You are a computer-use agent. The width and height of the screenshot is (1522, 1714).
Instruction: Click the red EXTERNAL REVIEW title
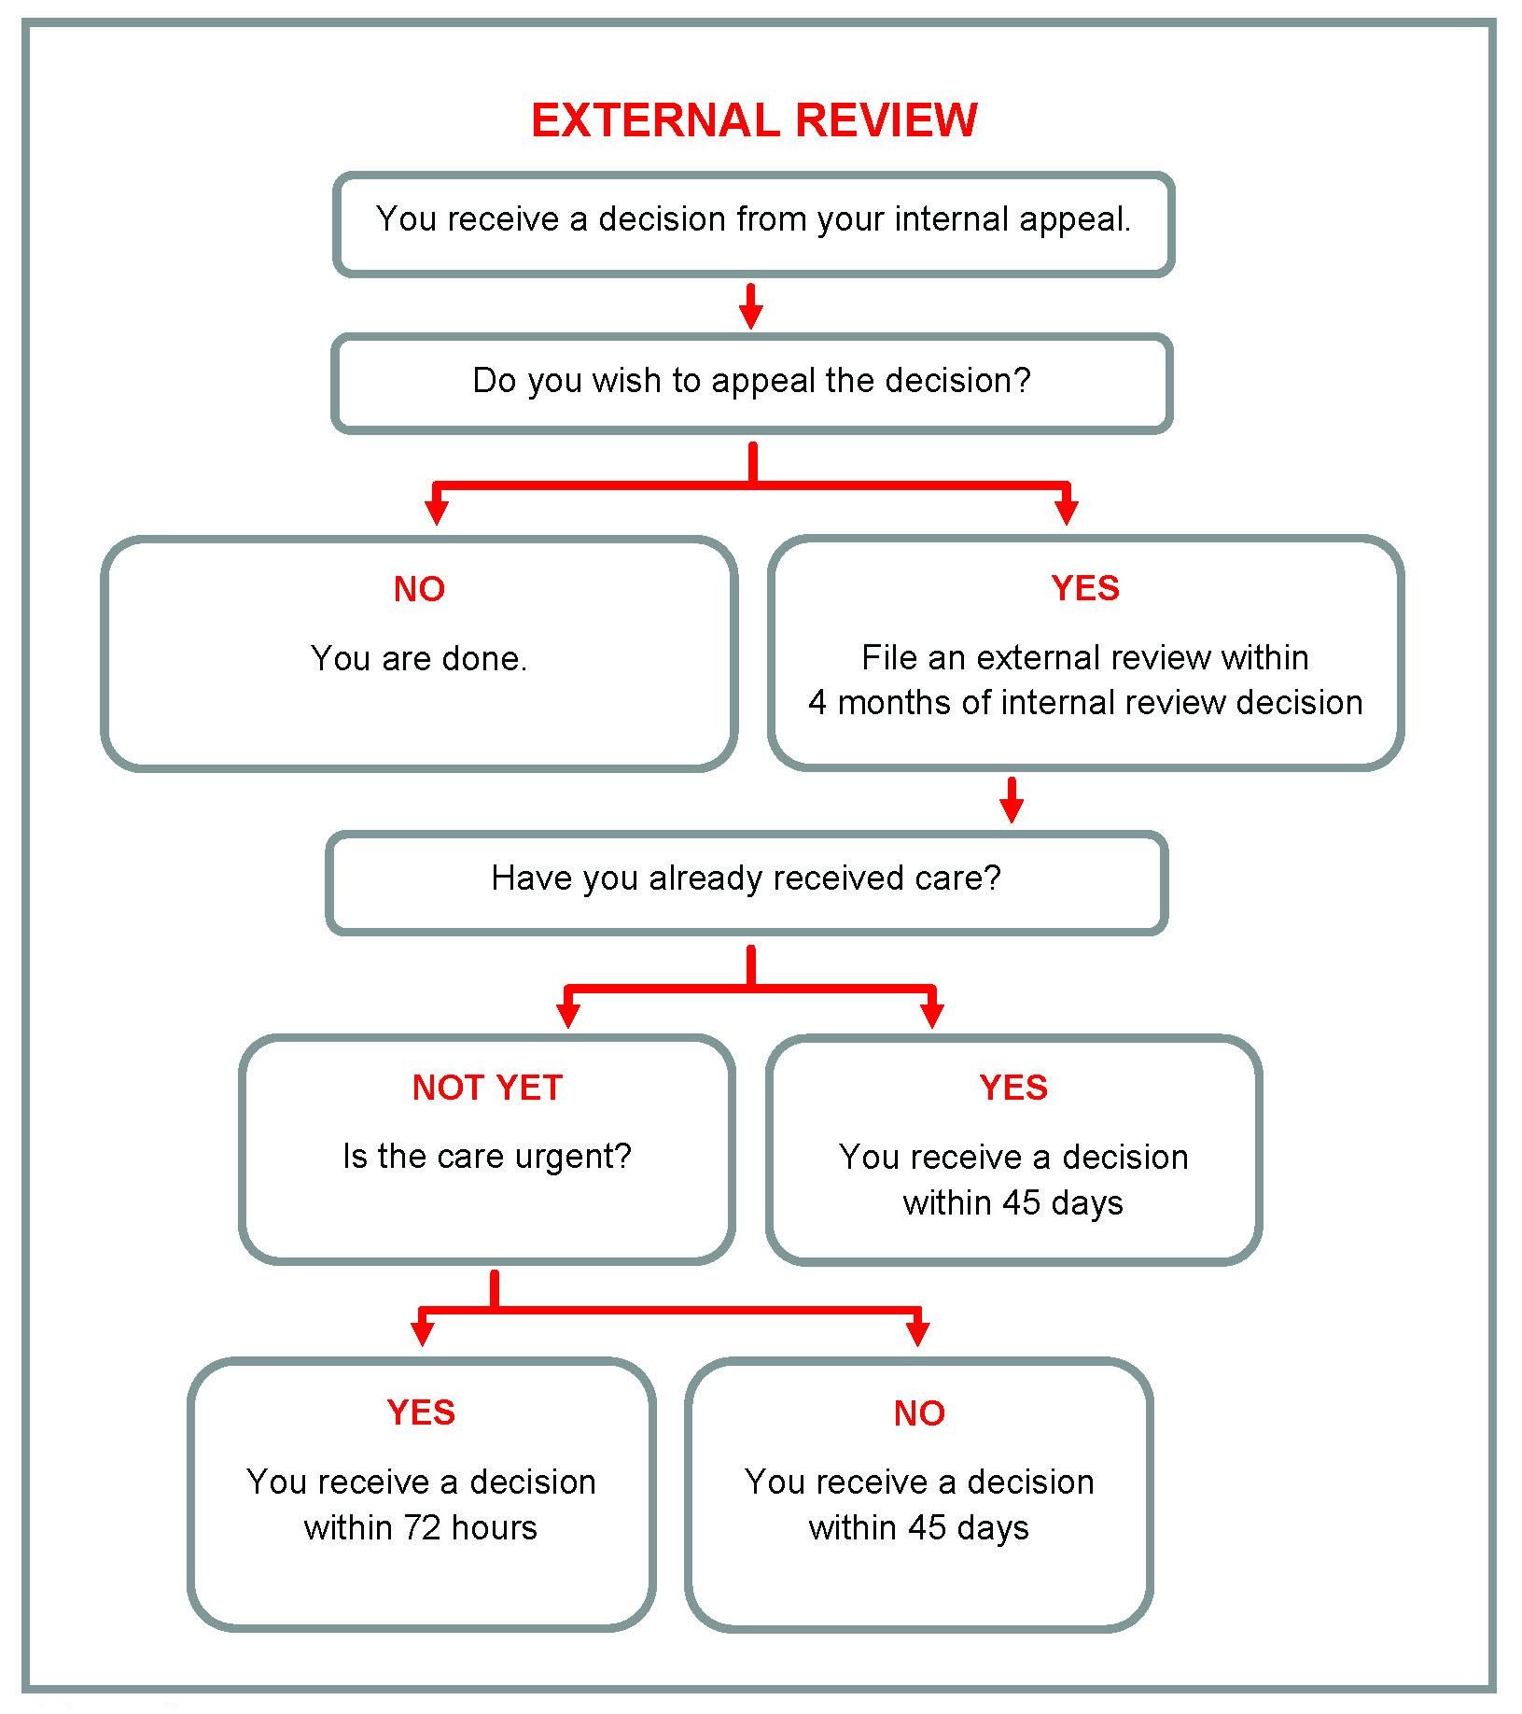point(753,120)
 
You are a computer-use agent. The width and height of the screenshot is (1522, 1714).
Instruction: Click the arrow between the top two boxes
point(751,307)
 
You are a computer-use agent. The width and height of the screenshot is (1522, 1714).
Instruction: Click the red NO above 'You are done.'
point(419,589)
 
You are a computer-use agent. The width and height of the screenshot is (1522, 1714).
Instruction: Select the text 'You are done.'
point(419,659)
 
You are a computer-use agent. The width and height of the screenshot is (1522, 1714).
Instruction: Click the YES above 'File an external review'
point(1084,588)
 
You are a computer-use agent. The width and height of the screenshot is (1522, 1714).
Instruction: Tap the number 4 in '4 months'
point(817,703)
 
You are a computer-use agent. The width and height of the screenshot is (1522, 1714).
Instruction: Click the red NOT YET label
point(487,1088)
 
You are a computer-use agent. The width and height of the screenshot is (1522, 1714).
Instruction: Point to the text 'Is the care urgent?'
point(487,1157)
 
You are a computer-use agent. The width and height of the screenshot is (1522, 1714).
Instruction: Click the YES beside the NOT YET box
point(1013,1088)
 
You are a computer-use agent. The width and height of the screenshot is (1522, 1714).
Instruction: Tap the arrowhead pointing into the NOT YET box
point(567,1015)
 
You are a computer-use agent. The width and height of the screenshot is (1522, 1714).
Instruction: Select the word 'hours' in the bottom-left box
point(494,1528)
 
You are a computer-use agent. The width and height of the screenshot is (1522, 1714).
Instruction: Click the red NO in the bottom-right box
point(919,1413)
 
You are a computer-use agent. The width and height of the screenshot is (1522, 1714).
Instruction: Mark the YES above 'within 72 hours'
point(421,1412)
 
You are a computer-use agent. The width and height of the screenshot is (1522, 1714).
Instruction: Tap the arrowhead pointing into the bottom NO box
point(918,1333)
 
